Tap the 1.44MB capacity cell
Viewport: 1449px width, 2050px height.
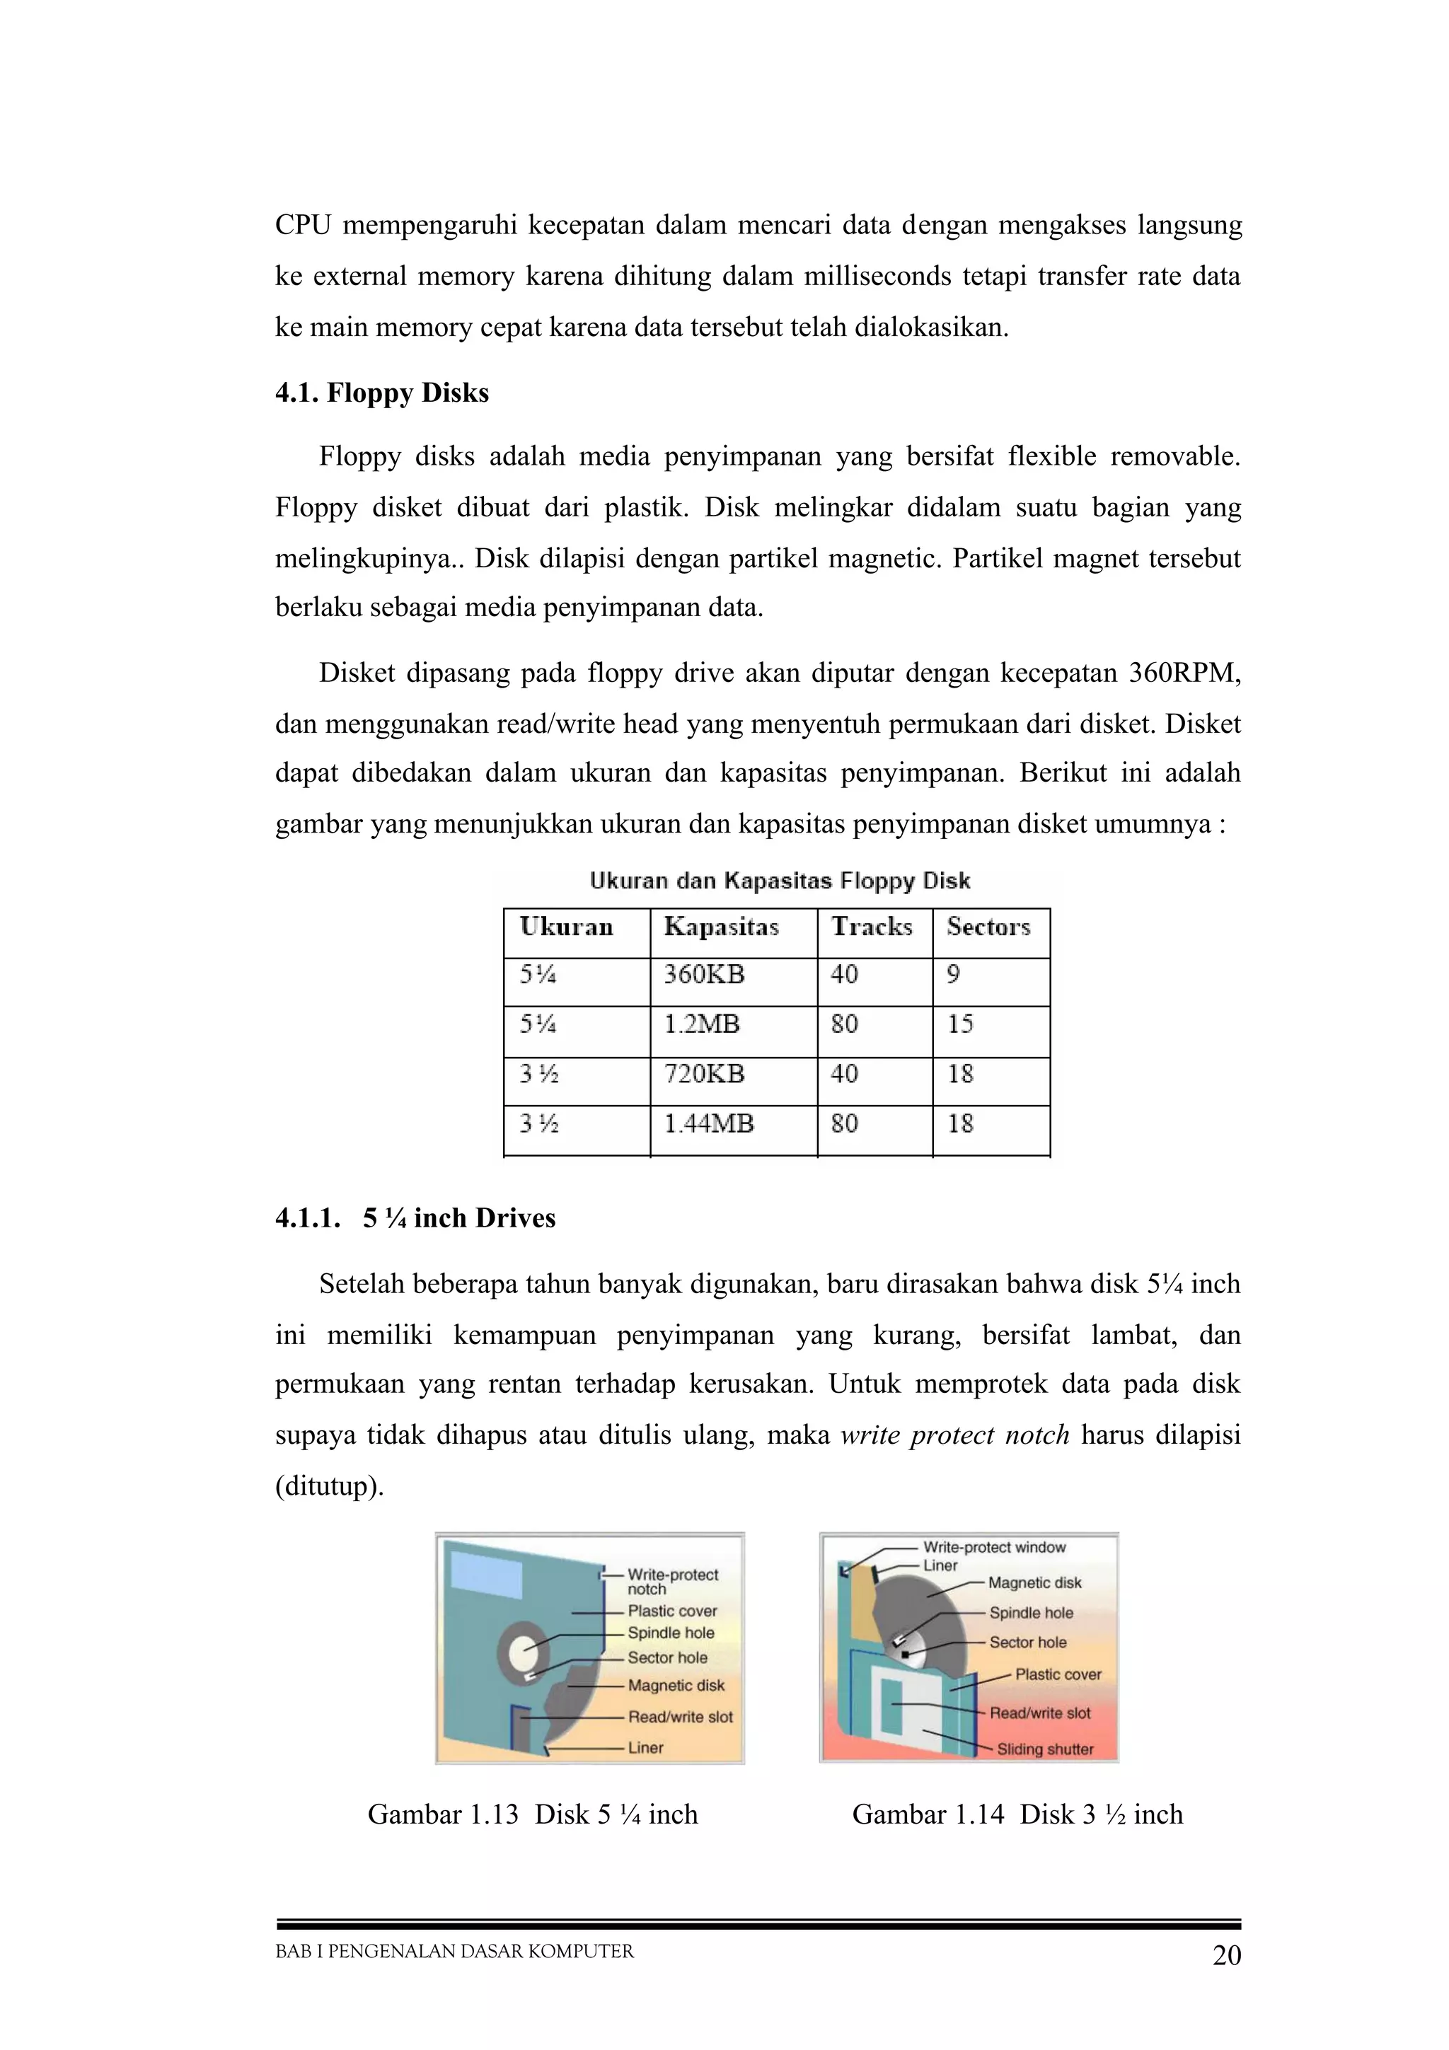(x=708, y=1123)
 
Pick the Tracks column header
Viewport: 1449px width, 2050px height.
(x=872, y=927)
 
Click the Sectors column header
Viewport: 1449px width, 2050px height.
(x=988, y=927)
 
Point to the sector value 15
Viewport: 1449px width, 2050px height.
(x=960, y=1024)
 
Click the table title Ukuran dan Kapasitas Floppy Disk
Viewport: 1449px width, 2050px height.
(x=780, y=881)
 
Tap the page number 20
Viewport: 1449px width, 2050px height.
(x=1227, y=1955)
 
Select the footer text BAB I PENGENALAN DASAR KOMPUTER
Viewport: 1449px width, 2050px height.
(x=454, y=1952)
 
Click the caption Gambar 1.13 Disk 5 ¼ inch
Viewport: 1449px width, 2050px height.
(x=532, y=1814)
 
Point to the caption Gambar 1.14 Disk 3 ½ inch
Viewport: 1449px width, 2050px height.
(x=1017, y=1814)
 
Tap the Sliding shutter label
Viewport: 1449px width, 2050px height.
(x=1044, y=1749)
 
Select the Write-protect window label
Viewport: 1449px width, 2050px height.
(x=993, y=1547)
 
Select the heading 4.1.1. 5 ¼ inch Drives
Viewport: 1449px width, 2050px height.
(x=415, y=1218)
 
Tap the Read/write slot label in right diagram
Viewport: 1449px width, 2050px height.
(x=1039, y=1713)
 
